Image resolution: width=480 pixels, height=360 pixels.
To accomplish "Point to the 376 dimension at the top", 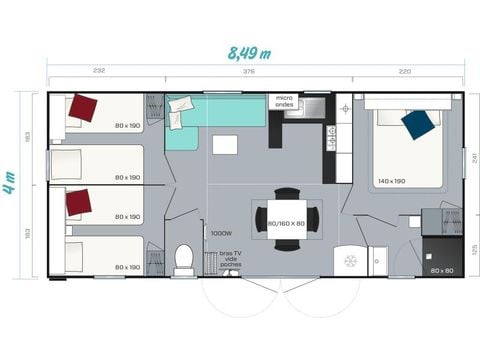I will click(247, 72).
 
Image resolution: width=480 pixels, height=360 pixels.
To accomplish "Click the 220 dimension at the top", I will click(404, 72).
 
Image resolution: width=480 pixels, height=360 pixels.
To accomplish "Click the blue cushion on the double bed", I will click(417, 124).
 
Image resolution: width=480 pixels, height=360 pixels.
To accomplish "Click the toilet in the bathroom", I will click(183, 259).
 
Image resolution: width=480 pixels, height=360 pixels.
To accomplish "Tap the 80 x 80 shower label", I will click(441, 270).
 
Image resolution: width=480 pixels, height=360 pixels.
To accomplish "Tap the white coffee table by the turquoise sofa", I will click(225, 144).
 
